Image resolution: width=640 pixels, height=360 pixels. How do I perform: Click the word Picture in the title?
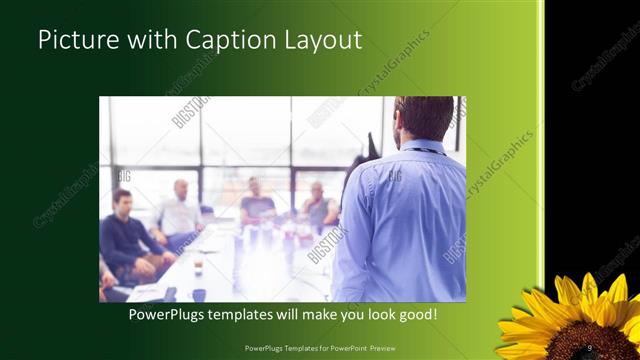(x=75, y=41)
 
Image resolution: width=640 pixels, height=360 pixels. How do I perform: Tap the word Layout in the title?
(x=326, y=41)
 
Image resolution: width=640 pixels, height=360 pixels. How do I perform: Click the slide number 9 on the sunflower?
(x=590, y=347)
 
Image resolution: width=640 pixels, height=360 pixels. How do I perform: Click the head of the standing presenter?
(x=424, y=118)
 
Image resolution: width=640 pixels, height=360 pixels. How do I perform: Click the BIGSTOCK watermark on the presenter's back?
(x=395, y=174)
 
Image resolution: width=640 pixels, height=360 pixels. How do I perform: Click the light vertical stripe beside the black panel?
(x=541, y=150)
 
